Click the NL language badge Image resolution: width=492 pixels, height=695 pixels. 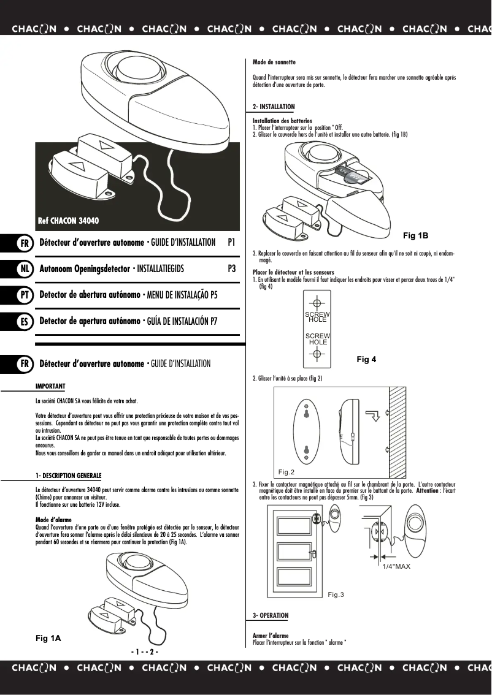coord(24,269)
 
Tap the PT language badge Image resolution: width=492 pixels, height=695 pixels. coord(24,295)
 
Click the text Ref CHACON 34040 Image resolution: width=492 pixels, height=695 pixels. coord(68,221)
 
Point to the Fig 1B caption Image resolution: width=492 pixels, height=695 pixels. coord(415,236)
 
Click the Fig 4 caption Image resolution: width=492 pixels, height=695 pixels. coord(366,360)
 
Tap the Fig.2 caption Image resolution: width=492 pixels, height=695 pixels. coord(286,472)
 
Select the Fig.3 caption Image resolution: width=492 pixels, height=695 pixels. coord(336,594)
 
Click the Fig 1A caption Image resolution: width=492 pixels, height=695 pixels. coord(48,639)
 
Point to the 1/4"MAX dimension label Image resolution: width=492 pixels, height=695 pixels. coord(396,567)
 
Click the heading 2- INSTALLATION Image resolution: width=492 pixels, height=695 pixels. coord(274,107)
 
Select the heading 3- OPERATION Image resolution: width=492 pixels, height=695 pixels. coord(271,615)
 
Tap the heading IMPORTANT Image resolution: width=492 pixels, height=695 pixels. coord(50,386)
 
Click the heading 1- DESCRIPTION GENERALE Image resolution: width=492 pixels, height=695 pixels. coord(69,476)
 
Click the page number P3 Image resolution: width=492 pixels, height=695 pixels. coord(231,268)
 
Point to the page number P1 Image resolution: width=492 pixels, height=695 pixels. coord(231,243)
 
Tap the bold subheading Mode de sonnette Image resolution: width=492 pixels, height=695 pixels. coord(274,63)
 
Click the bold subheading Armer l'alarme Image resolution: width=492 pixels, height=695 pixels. coord(271,636)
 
